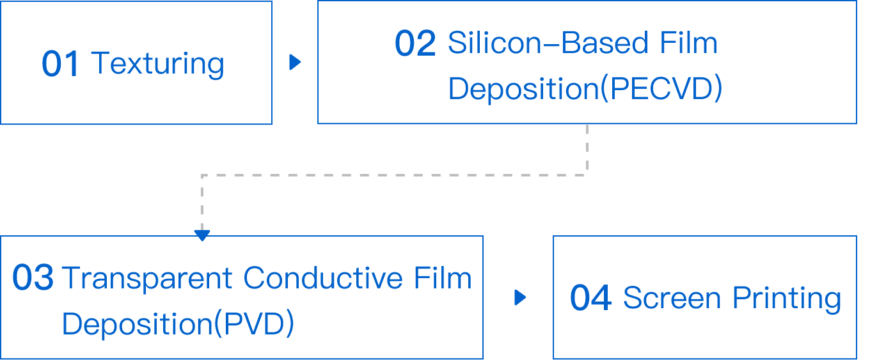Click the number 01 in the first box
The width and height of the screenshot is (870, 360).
click(x=60, y=65)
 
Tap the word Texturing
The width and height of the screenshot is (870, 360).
click(x=157, y=65)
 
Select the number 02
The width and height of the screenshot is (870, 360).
click(x=415, y=44)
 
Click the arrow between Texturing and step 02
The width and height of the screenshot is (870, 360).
click(x=295, y=62)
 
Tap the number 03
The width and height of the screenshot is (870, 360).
click(x=33, y=279)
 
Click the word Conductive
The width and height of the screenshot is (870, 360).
click(x=322, y=279)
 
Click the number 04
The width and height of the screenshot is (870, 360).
click(x=590, y=299)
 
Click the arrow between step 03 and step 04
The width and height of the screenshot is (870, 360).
click(x=520, y=297)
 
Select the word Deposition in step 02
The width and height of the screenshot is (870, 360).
click(x=523, y=90)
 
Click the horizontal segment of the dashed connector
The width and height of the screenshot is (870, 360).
click(x=394, y=174)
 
